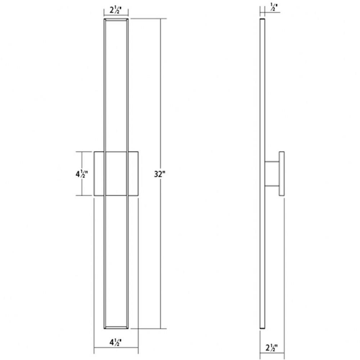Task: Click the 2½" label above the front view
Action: click(116, 10)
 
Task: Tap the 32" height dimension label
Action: click(159, 174)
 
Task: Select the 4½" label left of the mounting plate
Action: click(82, 174)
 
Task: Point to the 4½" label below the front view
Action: click(116, 342)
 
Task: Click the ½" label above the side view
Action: click(274, 6)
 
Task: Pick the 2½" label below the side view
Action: click(271, 348)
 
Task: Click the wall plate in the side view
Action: click(282, 174)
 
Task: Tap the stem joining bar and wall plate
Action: click(272, 174)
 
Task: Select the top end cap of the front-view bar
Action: click(116, 19)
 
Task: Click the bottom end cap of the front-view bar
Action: click(116, 328)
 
